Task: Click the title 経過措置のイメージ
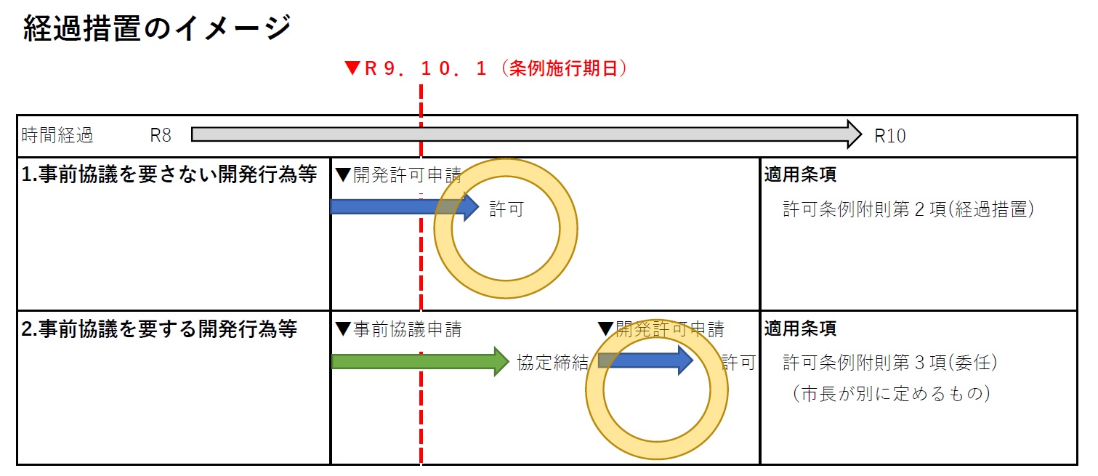[156, 30]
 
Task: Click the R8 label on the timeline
[161, 135]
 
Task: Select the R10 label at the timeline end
[890, 136]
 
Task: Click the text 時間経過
[57, 135]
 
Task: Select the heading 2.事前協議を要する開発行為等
[160, 329]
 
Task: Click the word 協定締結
[552, 363]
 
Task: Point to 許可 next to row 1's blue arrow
[506, 210]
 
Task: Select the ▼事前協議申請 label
[398, 330]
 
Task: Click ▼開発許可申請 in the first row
[398, 175]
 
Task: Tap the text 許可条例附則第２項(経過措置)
[908, 210]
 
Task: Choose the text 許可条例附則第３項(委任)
[889, 363]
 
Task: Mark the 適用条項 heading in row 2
[800, 329]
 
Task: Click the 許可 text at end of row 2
[738, 363]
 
